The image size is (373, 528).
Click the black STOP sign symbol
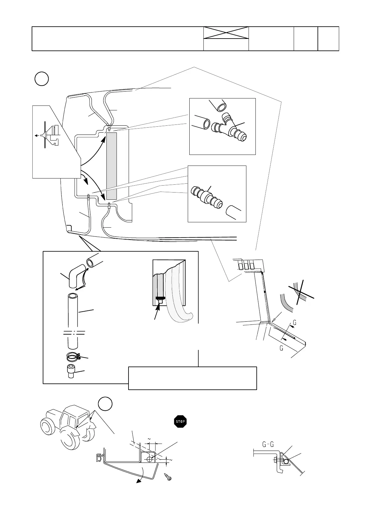(180, 421)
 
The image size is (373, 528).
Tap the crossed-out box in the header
(226, 33)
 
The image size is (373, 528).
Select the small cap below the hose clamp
(72, 372)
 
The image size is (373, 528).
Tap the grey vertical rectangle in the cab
(111, 166)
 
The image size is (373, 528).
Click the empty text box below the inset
(192, 378)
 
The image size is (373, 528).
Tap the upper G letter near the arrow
(295, 322)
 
